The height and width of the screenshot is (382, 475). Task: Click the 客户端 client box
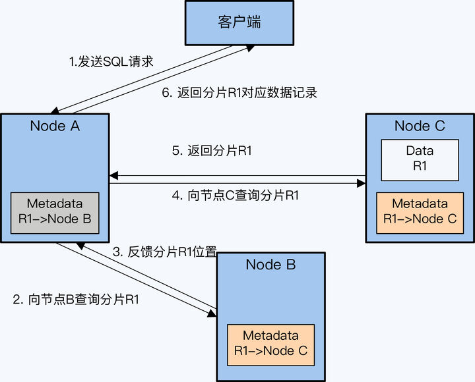tap(238, 22)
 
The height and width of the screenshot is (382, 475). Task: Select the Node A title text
tap(55, 126)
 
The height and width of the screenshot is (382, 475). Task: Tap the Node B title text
tap(270, 265)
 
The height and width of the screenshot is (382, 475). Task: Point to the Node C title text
tap(420, 126)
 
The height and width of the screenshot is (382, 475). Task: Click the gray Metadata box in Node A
tap(55, 213)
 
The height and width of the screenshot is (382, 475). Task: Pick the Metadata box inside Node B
tap(270, 344)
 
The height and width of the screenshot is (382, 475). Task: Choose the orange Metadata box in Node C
tap(420, 211)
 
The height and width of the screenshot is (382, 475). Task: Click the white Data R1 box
tap(420, 159)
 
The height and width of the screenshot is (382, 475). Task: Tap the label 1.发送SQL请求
tap(111, 63)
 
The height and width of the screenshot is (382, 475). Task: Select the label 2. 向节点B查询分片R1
tap(76, 300)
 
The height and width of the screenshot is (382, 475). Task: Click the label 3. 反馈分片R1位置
tap(165, 251)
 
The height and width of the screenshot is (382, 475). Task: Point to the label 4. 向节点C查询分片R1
tap(236, 195)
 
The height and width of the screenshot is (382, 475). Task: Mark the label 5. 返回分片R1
tap(212, 151)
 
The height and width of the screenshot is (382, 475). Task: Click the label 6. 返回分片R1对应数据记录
tap(239, 93)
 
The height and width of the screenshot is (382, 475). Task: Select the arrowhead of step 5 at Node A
tap(113, 176)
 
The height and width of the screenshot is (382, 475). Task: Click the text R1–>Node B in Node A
tap(55, 219)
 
